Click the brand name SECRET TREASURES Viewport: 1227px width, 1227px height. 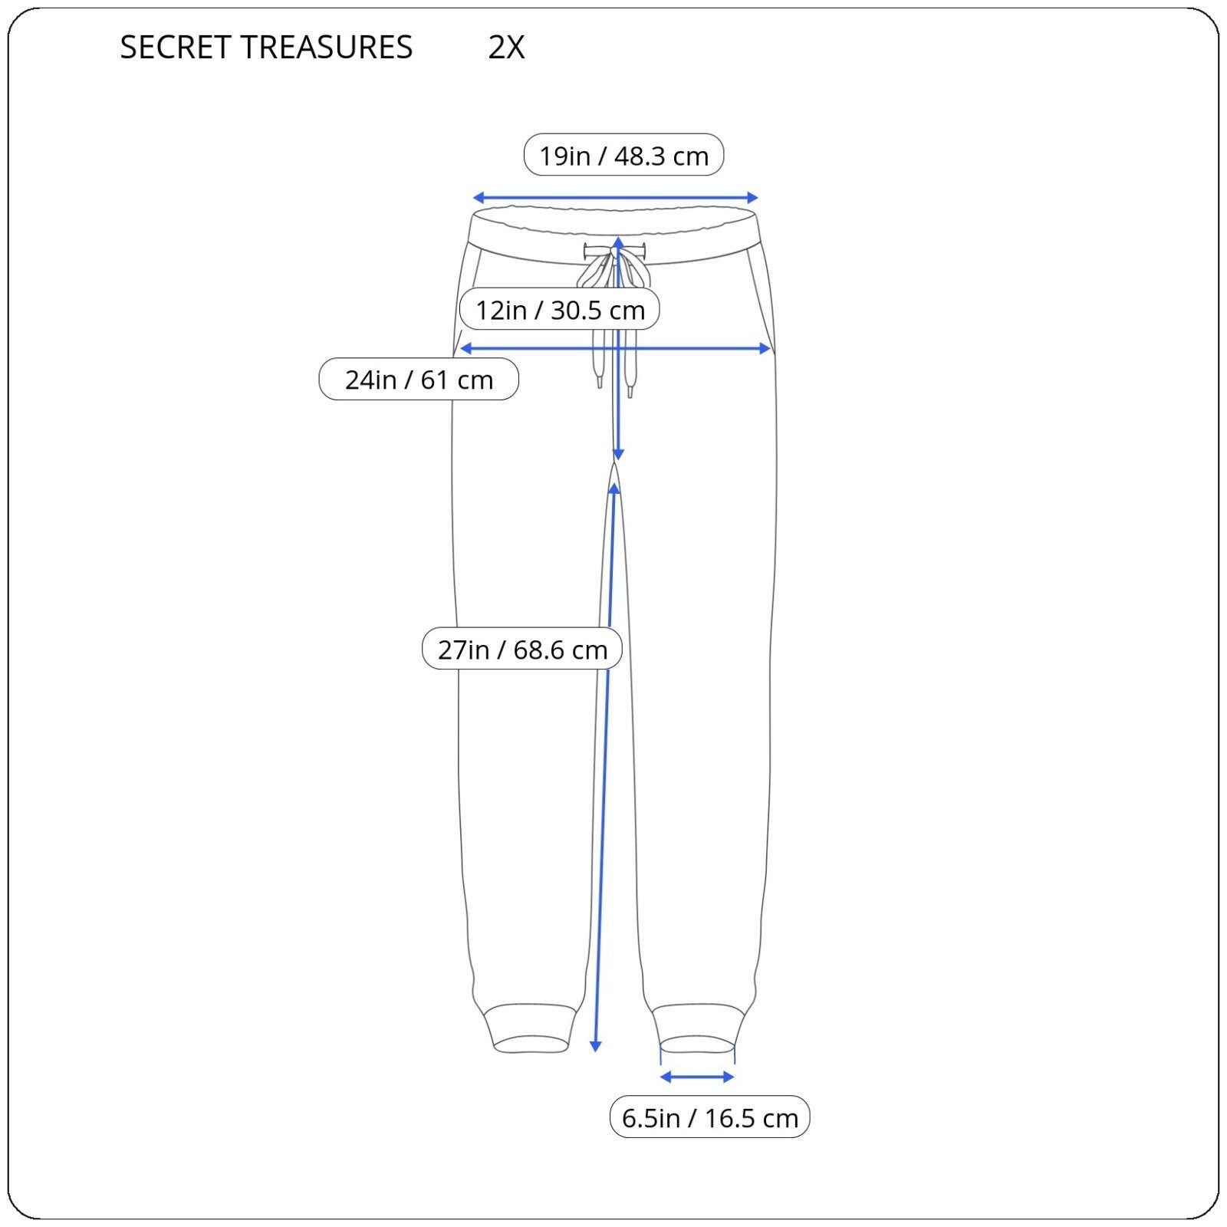(266, 48)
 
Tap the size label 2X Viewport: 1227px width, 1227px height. (506, 48)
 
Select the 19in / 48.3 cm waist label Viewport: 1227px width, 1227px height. (623, 156)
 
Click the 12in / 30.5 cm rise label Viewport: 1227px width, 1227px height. (560, 310)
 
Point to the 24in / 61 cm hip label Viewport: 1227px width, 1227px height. (419, 380)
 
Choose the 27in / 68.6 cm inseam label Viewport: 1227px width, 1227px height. (522, 650)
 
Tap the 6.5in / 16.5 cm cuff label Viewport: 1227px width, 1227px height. (710, 1117)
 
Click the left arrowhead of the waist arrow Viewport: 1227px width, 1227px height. (477, 198)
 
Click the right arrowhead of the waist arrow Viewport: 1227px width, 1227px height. (753, 198)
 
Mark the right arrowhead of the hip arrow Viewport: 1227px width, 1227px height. (765, 349)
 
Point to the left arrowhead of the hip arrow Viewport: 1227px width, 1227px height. (464, 349)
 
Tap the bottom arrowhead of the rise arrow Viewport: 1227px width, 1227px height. (618, 456)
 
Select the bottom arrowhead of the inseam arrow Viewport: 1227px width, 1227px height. (595, 1046)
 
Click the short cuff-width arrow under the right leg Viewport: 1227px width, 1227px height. (697, 1077)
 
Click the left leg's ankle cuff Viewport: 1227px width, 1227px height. (530, 1028)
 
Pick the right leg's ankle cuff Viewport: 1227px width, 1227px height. (698, 1029)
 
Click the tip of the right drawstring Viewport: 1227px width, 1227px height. (630, 391)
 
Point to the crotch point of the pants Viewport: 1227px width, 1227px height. (615, 462)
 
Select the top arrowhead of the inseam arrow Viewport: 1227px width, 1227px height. (613, 488)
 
